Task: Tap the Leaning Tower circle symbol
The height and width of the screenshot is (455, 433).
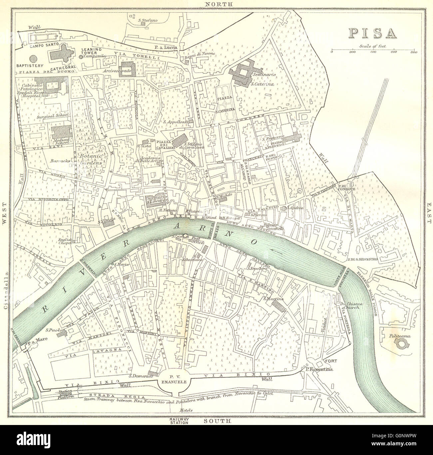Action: point(81,57)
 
